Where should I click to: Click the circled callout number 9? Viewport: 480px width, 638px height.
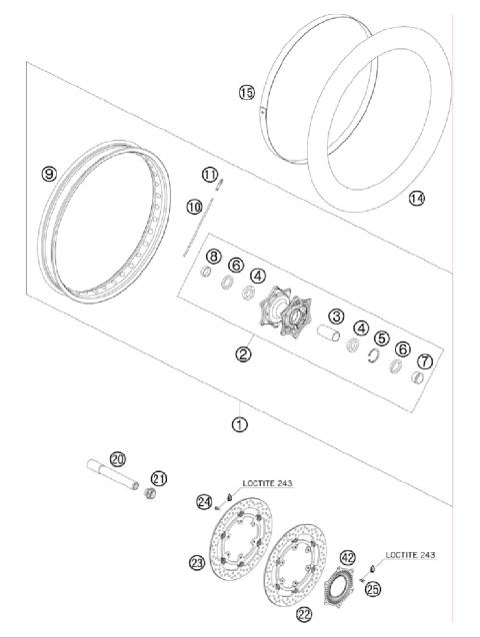(48, 174)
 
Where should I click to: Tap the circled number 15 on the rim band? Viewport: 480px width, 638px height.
(246, 93)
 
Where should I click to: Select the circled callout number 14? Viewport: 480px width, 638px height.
(416, 198)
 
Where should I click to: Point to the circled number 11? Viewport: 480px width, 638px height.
(210, 176)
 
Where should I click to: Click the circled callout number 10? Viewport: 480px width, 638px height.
(193, 207)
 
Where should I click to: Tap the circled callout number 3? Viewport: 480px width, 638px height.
(337, 317)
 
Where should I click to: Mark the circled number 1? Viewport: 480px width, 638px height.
(239, 423)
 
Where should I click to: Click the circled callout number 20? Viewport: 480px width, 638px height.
(118, 458)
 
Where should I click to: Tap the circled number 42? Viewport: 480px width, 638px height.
(348, 557)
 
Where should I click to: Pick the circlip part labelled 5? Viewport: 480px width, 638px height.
(375, 359)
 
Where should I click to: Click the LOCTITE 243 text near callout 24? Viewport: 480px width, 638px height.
(268, 483)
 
